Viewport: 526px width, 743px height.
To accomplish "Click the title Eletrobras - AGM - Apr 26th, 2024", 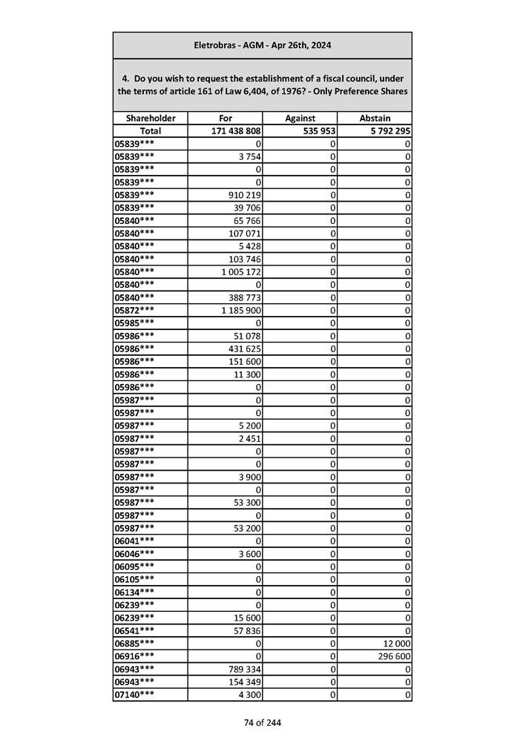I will tap(262, 45).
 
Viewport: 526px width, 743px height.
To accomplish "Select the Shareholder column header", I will tap(151, 118).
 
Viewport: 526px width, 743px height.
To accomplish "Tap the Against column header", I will tap(300, 118).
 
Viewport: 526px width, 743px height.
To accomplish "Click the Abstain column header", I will tap(375, 118).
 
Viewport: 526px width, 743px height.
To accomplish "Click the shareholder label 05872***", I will tap(135, 309).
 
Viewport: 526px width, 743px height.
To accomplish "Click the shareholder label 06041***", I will tap(135, 541).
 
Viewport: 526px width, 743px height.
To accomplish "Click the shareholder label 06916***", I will tap(135, 656).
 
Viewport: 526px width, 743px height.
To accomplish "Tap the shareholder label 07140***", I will tap(135, 695).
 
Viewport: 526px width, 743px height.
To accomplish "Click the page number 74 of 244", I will tap(263, 723).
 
